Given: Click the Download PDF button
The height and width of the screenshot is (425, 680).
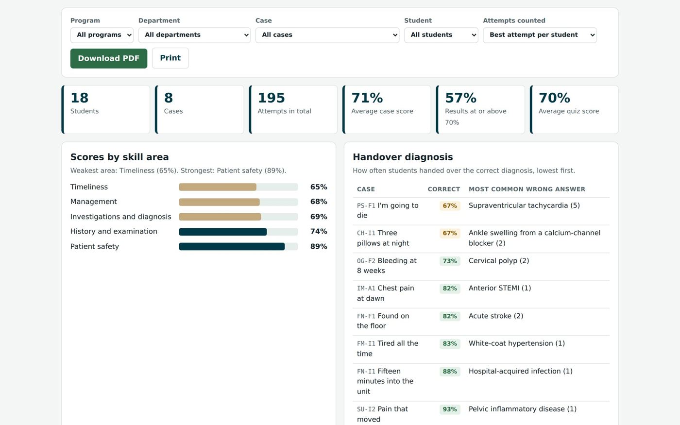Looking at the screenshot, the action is pos(109,58).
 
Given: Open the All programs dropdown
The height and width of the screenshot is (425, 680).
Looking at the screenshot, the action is pos(102,35).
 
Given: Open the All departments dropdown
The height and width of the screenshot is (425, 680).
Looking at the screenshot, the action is pos(194,35).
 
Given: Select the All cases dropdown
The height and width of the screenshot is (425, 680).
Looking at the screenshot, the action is pos(327,35).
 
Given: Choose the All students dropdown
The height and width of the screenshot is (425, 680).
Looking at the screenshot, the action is pos(441,35).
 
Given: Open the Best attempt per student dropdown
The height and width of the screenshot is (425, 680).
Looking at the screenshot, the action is pos(540,35).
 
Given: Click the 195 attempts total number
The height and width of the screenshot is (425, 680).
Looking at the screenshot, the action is pos(271,98).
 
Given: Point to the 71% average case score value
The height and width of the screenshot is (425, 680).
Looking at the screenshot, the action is pos(367,98).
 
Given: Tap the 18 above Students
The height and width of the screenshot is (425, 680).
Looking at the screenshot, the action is pos(80,98).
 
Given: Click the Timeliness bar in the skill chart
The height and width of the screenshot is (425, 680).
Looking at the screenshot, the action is pos(218,187).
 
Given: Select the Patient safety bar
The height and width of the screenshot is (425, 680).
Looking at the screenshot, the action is pos(232,247).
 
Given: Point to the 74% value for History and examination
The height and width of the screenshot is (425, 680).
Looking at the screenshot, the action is pos(319,231).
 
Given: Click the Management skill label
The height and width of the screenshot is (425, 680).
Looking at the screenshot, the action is pos(93,202).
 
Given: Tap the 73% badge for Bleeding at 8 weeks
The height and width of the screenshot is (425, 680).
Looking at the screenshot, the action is pos(450,261).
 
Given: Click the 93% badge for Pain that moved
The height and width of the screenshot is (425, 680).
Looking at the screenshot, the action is pos(450,409).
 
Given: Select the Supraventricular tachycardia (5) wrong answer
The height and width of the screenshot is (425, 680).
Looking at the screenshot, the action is pos(524,205).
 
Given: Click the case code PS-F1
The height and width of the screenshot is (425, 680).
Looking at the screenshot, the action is pos(366,206).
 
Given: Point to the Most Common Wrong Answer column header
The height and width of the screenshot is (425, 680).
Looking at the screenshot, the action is pos(527,189).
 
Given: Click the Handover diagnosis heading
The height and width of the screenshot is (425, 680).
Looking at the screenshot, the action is pos(403,157).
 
